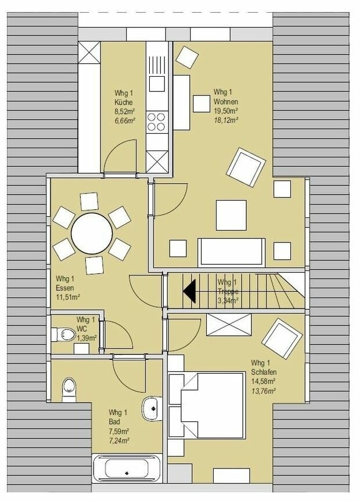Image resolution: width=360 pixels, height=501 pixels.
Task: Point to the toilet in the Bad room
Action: [x=69, y=389]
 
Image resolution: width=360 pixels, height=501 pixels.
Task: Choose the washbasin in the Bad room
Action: [x=152, y=408]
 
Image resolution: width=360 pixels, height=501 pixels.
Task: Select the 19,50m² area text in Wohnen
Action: [x=226, y=111]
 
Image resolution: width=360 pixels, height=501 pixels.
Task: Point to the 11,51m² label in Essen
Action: [x=68, y=297]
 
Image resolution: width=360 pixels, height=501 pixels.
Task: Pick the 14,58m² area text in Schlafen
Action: [x=264, y=381]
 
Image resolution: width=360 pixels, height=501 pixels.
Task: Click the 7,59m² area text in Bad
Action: [x=118, y=431]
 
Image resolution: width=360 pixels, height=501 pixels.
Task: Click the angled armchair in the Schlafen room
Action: [x=282, y=337]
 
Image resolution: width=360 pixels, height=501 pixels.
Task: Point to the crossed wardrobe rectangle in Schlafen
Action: [x=229, y=323]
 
